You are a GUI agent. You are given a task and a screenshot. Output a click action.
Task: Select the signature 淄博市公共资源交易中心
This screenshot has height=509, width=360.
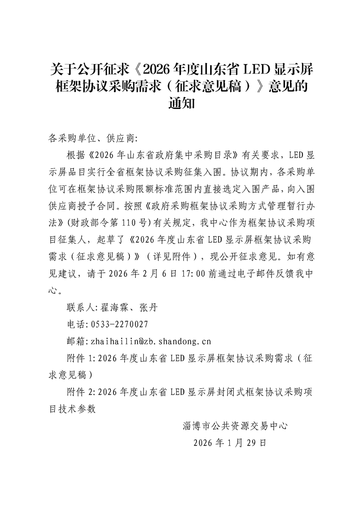236,426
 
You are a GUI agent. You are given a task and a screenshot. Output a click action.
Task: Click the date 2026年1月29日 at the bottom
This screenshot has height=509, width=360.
229,442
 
